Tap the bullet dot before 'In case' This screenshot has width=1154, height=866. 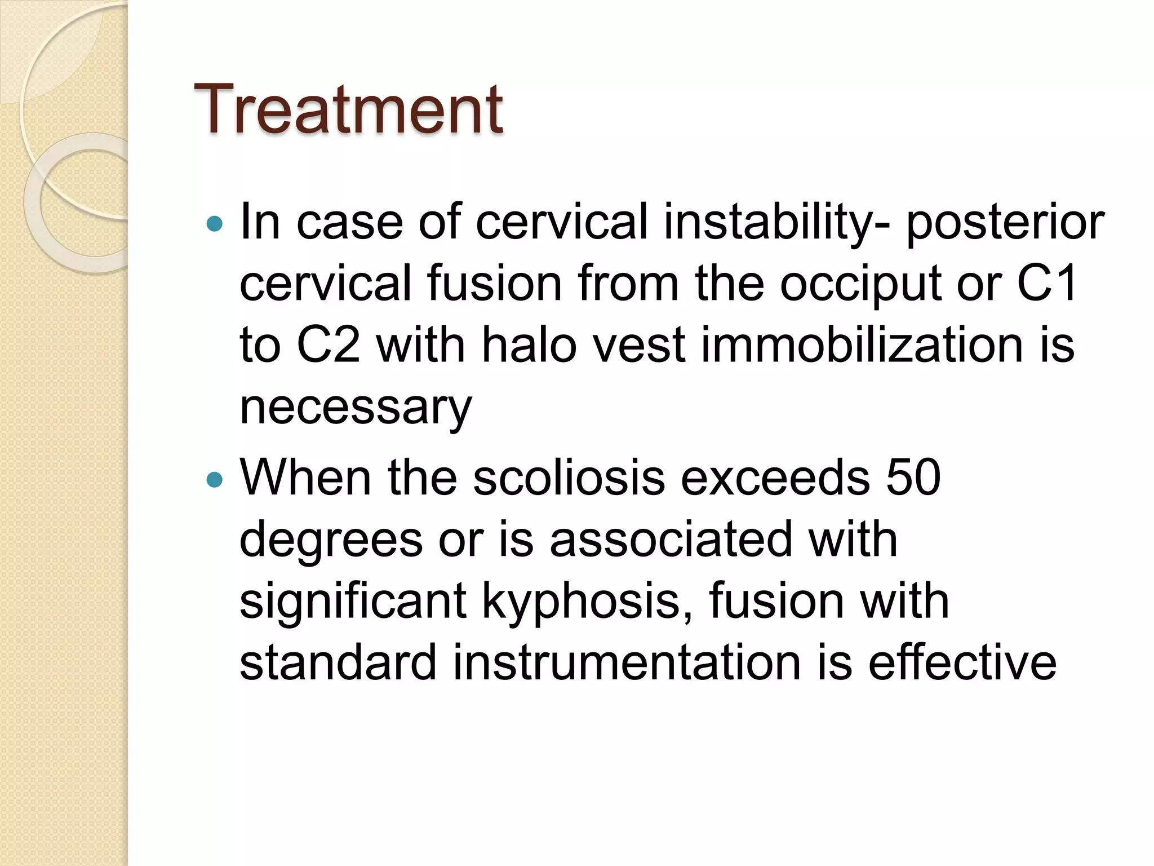(x=215, y=225)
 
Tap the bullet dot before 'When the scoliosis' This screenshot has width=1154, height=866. (x=215, y=480)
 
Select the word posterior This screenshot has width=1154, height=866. (x=1005, y=223)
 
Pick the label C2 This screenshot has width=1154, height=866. (x=328, y=345)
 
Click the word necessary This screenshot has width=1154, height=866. (x=356, y=407)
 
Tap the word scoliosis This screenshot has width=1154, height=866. (x=569, y=478)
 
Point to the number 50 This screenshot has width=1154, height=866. (x=913, y=478)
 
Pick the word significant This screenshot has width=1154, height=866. (x=353, y=602)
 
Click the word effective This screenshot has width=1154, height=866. (x=962, y=662)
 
